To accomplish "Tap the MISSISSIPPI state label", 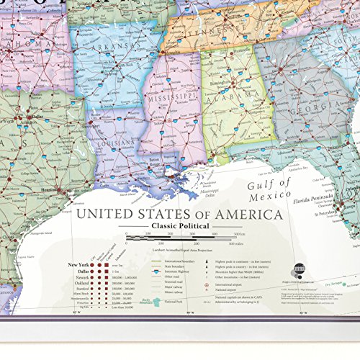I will tap(168, 94).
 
